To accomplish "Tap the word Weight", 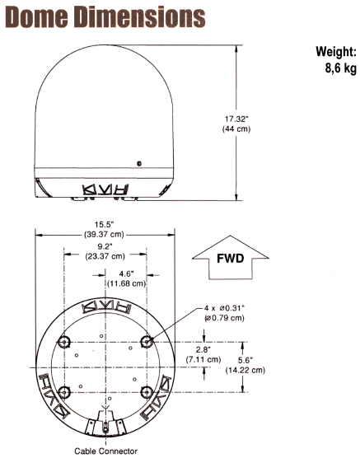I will coord(335,51).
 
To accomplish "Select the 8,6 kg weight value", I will coord(338,68).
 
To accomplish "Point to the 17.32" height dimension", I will coord(259,118).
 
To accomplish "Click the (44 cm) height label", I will coord(259,130).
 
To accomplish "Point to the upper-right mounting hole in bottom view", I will coord(147,342).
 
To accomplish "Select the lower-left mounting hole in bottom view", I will coord(65,390).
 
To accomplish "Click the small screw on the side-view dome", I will coord(140,165).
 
